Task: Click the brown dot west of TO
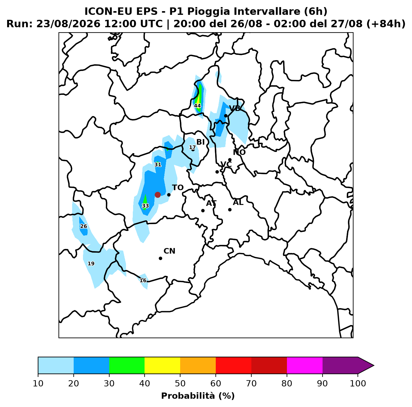(x=158, y=195)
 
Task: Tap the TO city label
(x=178, y=188)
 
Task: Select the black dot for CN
(x=160, y=258)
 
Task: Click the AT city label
(x=211, y=203)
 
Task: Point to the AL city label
(x=238, y=202)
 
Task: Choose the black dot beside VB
(x=226, y=116)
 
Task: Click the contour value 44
(x=197, y=106)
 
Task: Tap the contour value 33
(x=145, y=206)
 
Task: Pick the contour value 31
(x=158, y=165)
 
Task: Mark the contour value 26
(x=84, y=226)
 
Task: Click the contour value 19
(x=91, y=263)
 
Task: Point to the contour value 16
(x=143, y=280)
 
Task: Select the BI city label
(x=201, y=142)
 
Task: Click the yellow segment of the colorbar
(x=162, y=365)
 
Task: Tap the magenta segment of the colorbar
(x=305, y=365)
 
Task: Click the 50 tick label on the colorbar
(x=180, y=383)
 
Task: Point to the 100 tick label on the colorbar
(x=358, y=383)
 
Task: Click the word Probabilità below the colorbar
(x=188, y=396)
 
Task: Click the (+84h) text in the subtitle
(x=386, y=24)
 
